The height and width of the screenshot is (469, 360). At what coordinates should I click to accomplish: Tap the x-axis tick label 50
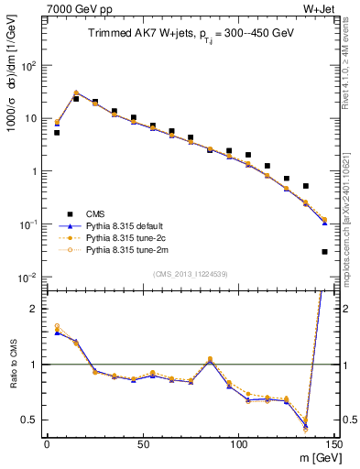(x=143, y=443)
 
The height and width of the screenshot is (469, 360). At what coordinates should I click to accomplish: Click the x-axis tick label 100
(x=238, y=443)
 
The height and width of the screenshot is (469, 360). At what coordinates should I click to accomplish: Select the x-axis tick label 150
(x=333, y=443)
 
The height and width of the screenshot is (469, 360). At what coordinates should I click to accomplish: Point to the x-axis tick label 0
(x=47, y=443)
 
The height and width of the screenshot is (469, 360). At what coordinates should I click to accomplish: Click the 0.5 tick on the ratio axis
(x=29, y=420)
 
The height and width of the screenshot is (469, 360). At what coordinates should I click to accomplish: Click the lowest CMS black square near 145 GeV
(x=324, y=251)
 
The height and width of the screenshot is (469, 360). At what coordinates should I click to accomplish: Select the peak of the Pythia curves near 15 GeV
(x=76, y=93)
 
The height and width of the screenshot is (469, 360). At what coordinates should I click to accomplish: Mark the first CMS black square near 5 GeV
(x=57, y=133)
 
